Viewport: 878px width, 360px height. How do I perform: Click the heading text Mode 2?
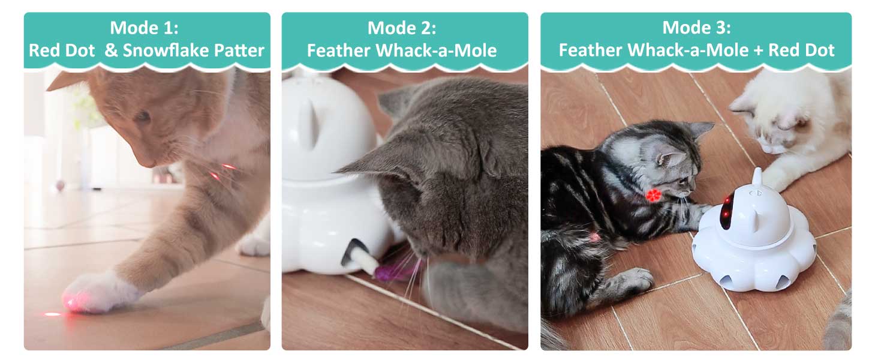pyautogui.click(x=401, y=28)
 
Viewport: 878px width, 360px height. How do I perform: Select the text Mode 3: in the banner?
pyautogui.click(x=696, y=28)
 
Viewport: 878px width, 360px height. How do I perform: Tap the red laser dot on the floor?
pyautogui.click(x=53, y=314)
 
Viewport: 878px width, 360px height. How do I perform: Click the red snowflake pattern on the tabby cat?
pyautogui.click(x=653, y=195)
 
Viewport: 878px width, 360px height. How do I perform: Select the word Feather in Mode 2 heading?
pyautogui.click(x=339, y=50)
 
